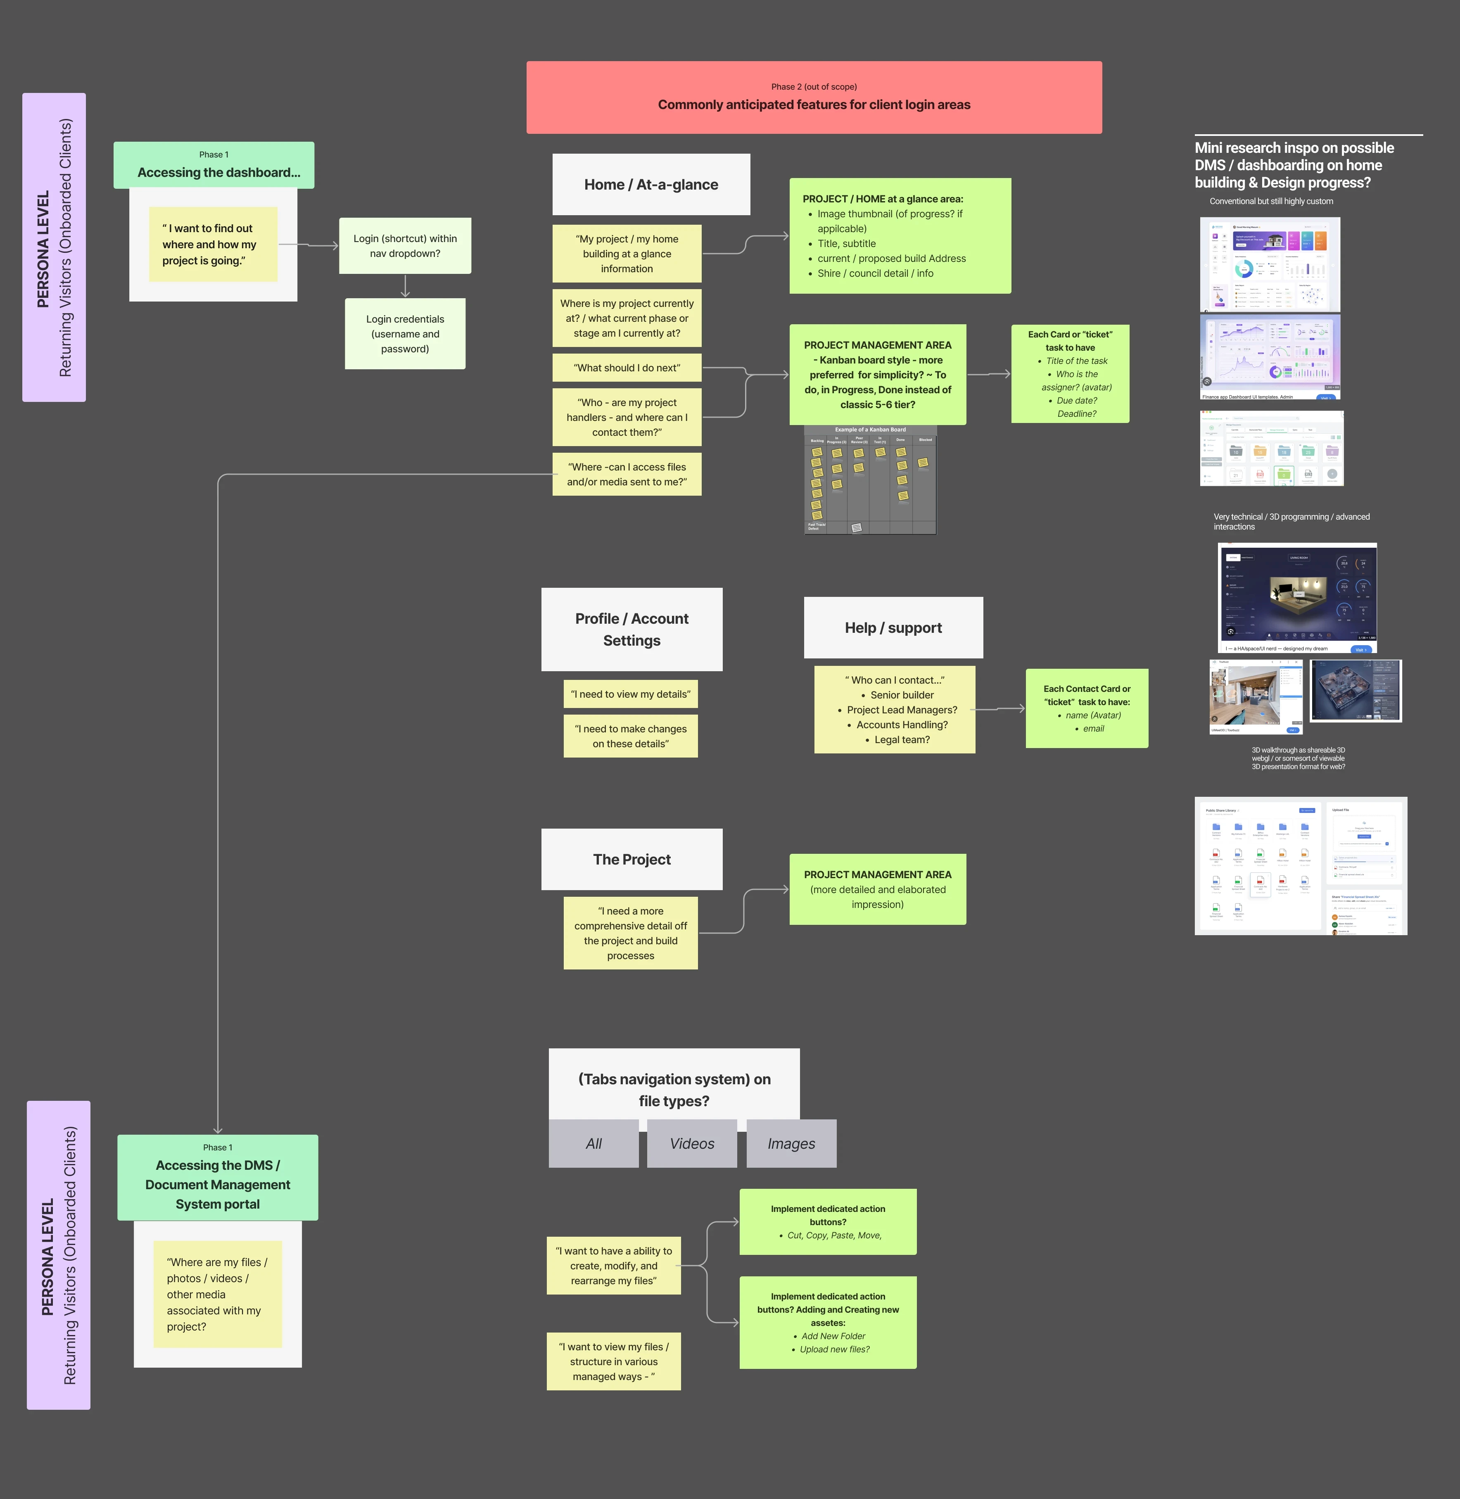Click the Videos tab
click(x=692, y=1143)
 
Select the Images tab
click(x=791, y=1143)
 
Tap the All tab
click(x=593, y=1143)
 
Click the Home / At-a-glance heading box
click(x=651, y=184)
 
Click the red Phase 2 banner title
click(x=814, y=104)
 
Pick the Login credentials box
click(x=405, y=333)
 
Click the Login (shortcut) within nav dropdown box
click(x=405, y=245)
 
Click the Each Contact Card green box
click(x=1087, y=708)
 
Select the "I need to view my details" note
click(x=630, y=694)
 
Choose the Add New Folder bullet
click(x=833, y=1336)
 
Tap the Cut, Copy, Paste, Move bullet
click(x=834, y=1235)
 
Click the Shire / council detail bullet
click(x=875, y=273)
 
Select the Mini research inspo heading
click(x=1294, y=165)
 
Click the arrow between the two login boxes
click(x=405, y=286)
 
